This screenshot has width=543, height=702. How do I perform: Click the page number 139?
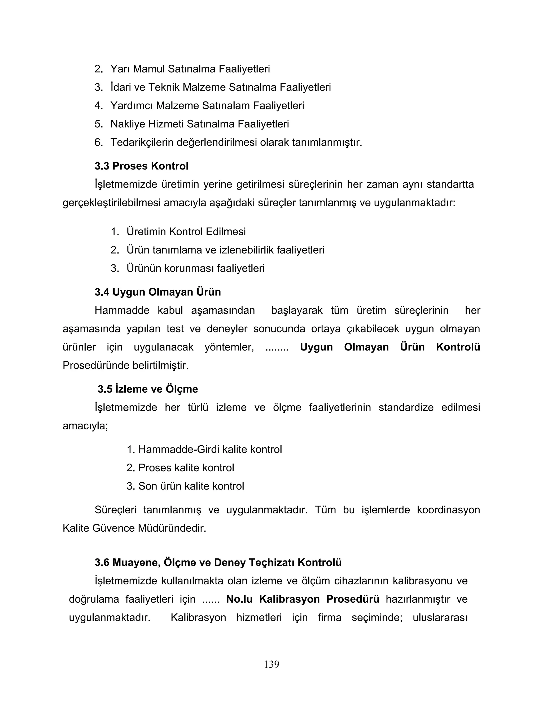(271, 664)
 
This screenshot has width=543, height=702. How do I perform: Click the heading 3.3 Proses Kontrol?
(142, 166)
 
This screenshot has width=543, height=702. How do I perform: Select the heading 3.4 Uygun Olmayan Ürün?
(158, 292)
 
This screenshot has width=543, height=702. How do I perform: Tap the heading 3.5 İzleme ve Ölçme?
(148, 389)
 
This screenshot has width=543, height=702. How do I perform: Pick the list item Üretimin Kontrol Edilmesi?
(186, 232)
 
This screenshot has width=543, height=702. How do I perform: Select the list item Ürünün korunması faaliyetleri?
(196, 268)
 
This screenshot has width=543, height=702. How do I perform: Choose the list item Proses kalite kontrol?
(186, 467)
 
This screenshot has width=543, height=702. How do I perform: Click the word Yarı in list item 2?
(120, 69)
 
